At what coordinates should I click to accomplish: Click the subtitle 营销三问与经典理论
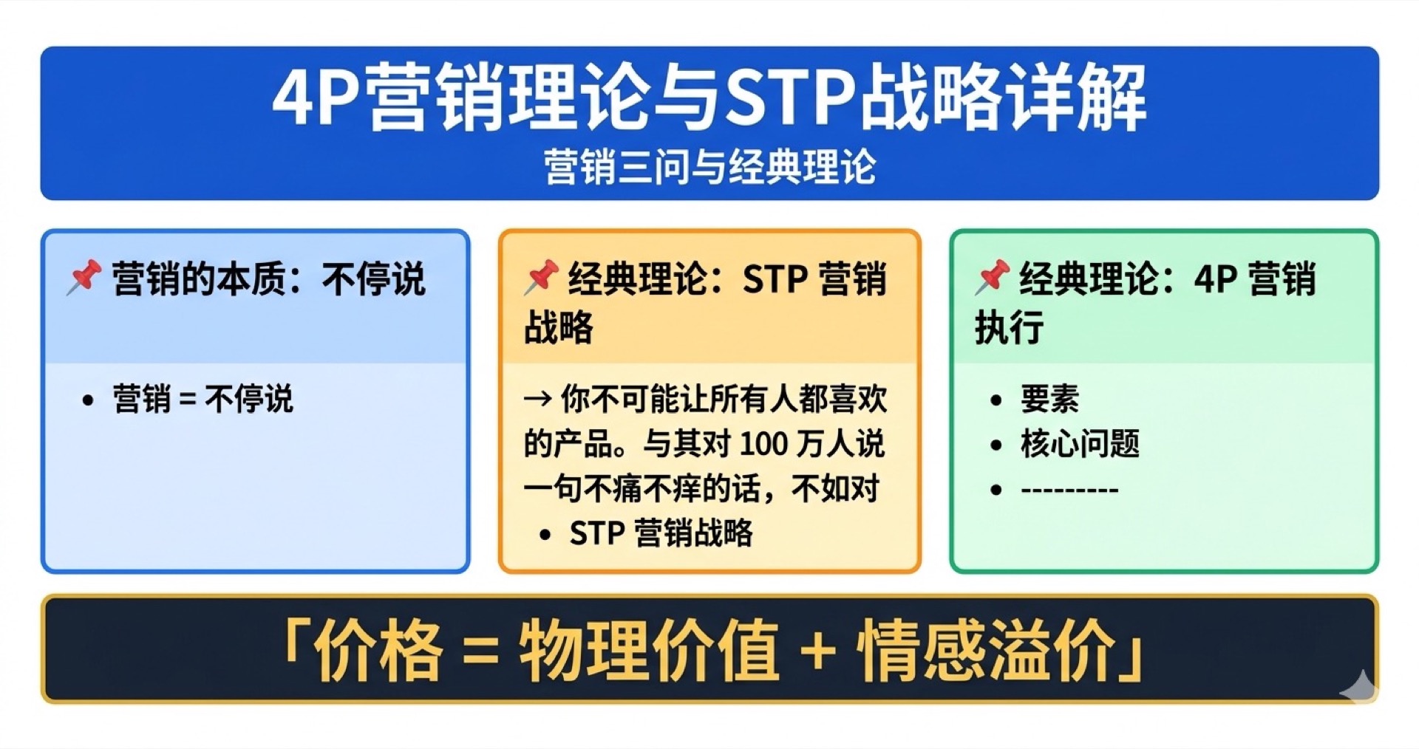coord(709,167)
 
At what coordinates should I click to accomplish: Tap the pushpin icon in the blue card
coord(84,278)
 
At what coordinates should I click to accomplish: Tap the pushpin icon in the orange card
coord(540,278)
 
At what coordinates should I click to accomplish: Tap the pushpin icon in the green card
coord(992,278)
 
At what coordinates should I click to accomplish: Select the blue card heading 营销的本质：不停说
coord(268,279)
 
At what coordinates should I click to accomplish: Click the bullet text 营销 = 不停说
coord(203,400)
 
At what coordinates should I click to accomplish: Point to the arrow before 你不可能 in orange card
coord(537,400)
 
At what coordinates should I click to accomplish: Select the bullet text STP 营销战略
coord(661,533)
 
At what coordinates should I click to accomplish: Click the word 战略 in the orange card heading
coord(559,326)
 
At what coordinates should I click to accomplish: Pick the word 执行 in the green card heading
coord(1010,326)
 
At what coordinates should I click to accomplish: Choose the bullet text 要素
coord(1049,400)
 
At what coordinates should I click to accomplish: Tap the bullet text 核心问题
coord(1080,445)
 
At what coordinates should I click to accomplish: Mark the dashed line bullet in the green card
coord(1069,490)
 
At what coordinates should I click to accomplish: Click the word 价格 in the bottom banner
coord(378,650)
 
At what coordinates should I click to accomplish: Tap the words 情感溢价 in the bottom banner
coord(986,650)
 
